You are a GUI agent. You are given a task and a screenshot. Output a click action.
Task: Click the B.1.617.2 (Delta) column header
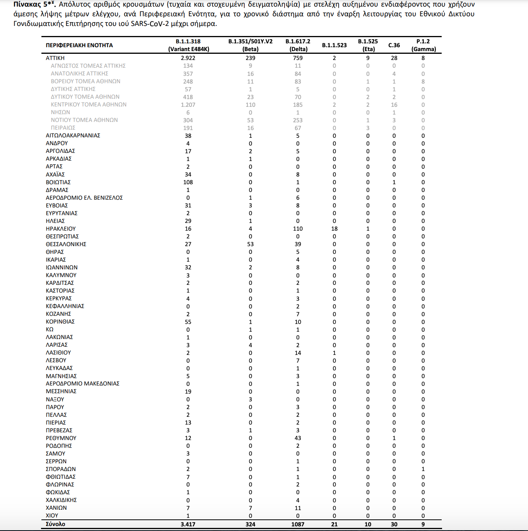(x=298, y=45)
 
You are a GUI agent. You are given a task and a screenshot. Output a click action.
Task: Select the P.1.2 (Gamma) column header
(x=423, y=45)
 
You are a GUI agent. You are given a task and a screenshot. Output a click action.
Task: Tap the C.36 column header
(x=394, y=45)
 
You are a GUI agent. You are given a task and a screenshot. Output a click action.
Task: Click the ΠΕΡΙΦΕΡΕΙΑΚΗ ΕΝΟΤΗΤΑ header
(x=79, y=45)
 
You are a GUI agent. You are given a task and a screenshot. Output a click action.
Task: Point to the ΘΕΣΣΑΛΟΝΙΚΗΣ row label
(x=66, y=244)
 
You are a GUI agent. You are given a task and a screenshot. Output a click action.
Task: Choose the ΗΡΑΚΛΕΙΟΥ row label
(x=61, y=229)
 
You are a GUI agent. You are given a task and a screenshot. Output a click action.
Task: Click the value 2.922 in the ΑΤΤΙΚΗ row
(x=188, y=58)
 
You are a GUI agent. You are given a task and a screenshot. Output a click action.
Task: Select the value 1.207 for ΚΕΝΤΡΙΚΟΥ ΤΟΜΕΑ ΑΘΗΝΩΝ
(x=188, y=104)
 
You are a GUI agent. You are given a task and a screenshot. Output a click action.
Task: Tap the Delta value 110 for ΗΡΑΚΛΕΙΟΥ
(x=298, y=229)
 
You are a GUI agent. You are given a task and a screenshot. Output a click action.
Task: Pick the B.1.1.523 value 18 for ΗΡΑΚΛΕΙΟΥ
(x=334, y=229)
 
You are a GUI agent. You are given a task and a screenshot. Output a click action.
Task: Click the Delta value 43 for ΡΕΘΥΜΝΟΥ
(x=298, y=438)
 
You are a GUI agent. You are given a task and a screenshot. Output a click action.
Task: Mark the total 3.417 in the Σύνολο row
(x=188, y=524)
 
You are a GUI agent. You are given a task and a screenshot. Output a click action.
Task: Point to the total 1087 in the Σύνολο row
(x=298, y=524)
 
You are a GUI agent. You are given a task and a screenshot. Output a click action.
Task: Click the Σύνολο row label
(x=55, y=524)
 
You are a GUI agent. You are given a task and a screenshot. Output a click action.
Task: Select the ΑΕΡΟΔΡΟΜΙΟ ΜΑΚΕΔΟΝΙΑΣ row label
(x=82, y=384)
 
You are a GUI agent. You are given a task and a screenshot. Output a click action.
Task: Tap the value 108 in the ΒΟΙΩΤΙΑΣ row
(x=188, y=182)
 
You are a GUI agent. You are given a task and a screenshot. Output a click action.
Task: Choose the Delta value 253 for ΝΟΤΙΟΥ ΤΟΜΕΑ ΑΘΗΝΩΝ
(x=298, y=120)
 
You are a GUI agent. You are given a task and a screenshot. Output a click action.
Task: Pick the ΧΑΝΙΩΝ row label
(x=56, y=508)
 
